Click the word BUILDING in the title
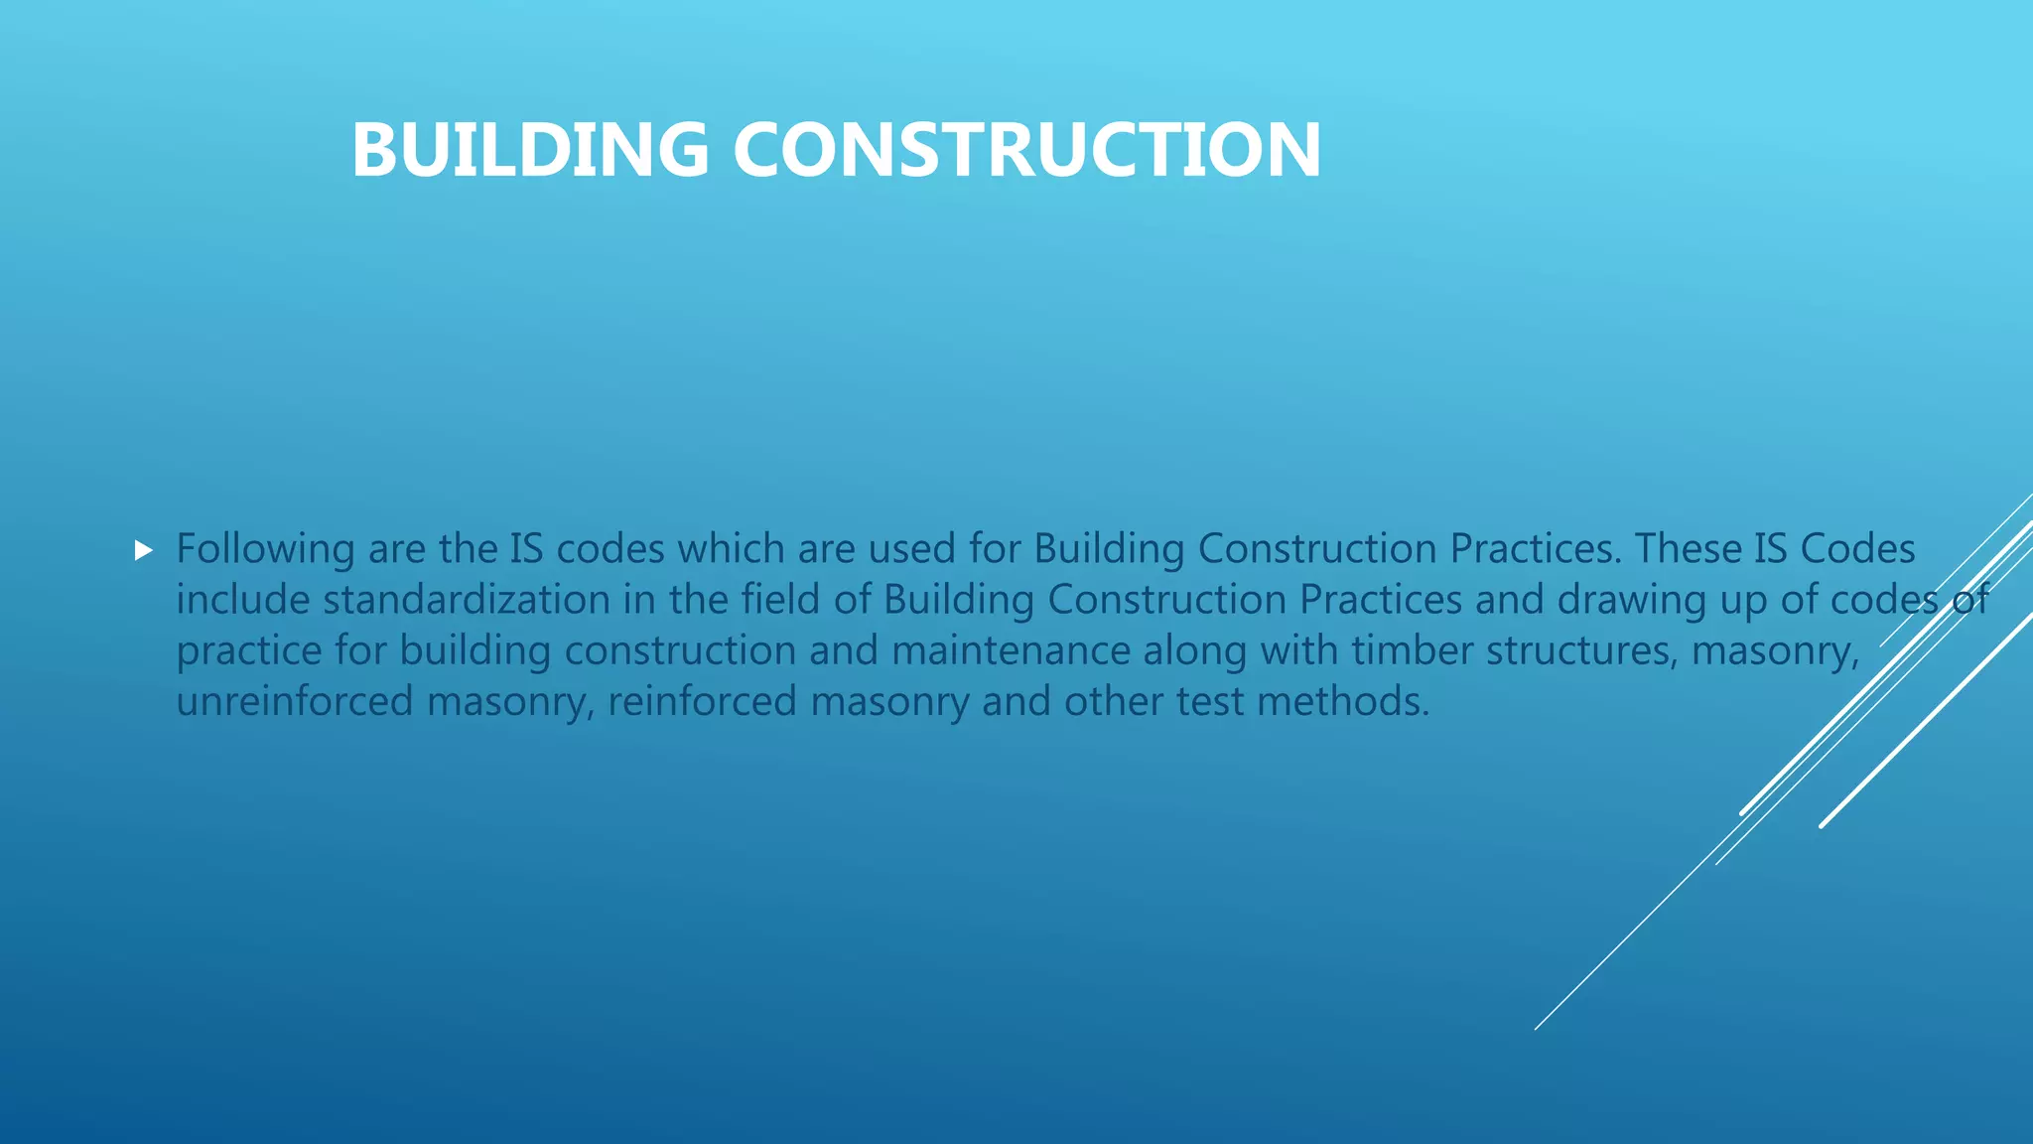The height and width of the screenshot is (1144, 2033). coord(530,150)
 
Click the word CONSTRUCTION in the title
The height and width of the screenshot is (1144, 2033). coord(1026,150)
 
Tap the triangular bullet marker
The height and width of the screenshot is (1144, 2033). coord(144,550)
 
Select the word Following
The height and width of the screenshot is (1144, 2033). coord(265,549)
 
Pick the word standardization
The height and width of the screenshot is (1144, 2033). coord(467,600)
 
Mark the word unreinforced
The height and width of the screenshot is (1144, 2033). coord(295,702)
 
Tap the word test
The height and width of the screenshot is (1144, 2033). coord(1209,702)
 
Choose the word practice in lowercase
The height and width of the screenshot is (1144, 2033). coord(249,651)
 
